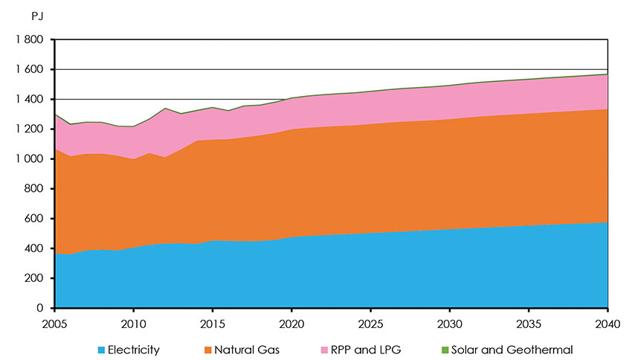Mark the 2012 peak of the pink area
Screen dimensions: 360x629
tap(165, 109)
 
